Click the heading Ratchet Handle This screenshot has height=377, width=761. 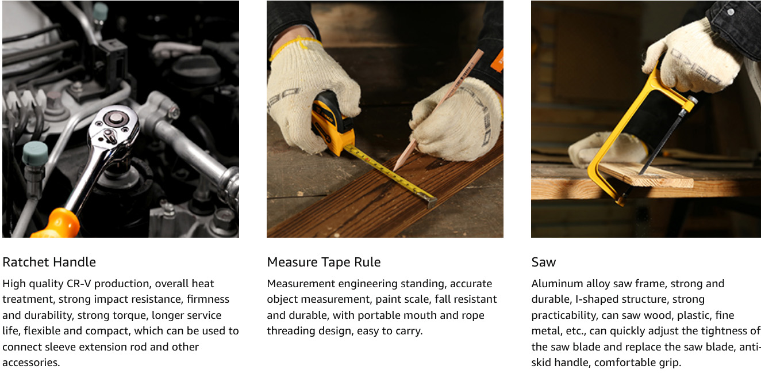(49, 262)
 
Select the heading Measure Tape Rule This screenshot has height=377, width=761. (324, 262)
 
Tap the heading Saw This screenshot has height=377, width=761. (544, 262)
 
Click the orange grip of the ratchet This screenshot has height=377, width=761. (57, 224)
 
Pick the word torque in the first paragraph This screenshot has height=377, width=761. (131, 316)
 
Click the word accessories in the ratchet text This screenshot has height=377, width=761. (31, 363)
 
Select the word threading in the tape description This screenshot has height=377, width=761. (291, 332)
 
